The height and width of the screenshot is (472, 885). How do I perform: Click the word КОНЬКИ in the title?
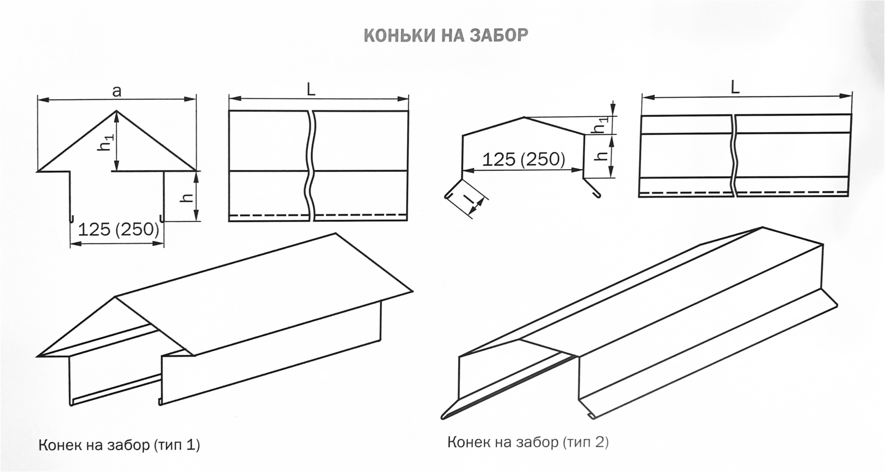pos(395,35)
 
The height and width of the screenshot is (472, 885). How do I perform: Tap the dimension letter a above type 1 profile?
pos(116,91)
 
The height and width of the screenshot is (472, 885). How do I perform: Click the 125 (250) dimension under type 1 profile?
pos(119,229)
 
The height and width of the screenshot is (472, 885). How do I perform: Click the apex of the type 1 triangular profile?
pos(116,110)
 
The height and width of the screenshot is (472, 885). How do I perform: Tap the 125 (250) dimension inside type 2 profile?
pos(524,159)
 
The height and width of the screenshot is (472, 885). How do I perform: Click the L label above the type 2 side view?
pos(735,87)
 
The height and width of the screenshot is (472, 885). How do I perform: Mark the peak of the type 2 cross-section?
pos(524,117)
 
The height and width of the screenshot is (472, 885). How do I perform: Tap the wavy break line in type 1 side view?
pos(311,166)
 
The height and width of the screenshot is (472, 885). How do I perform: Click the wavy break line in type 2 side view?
pos(734,155)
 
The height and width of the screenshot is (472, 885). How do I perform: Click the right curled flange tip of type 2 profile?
pos(598,195)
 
